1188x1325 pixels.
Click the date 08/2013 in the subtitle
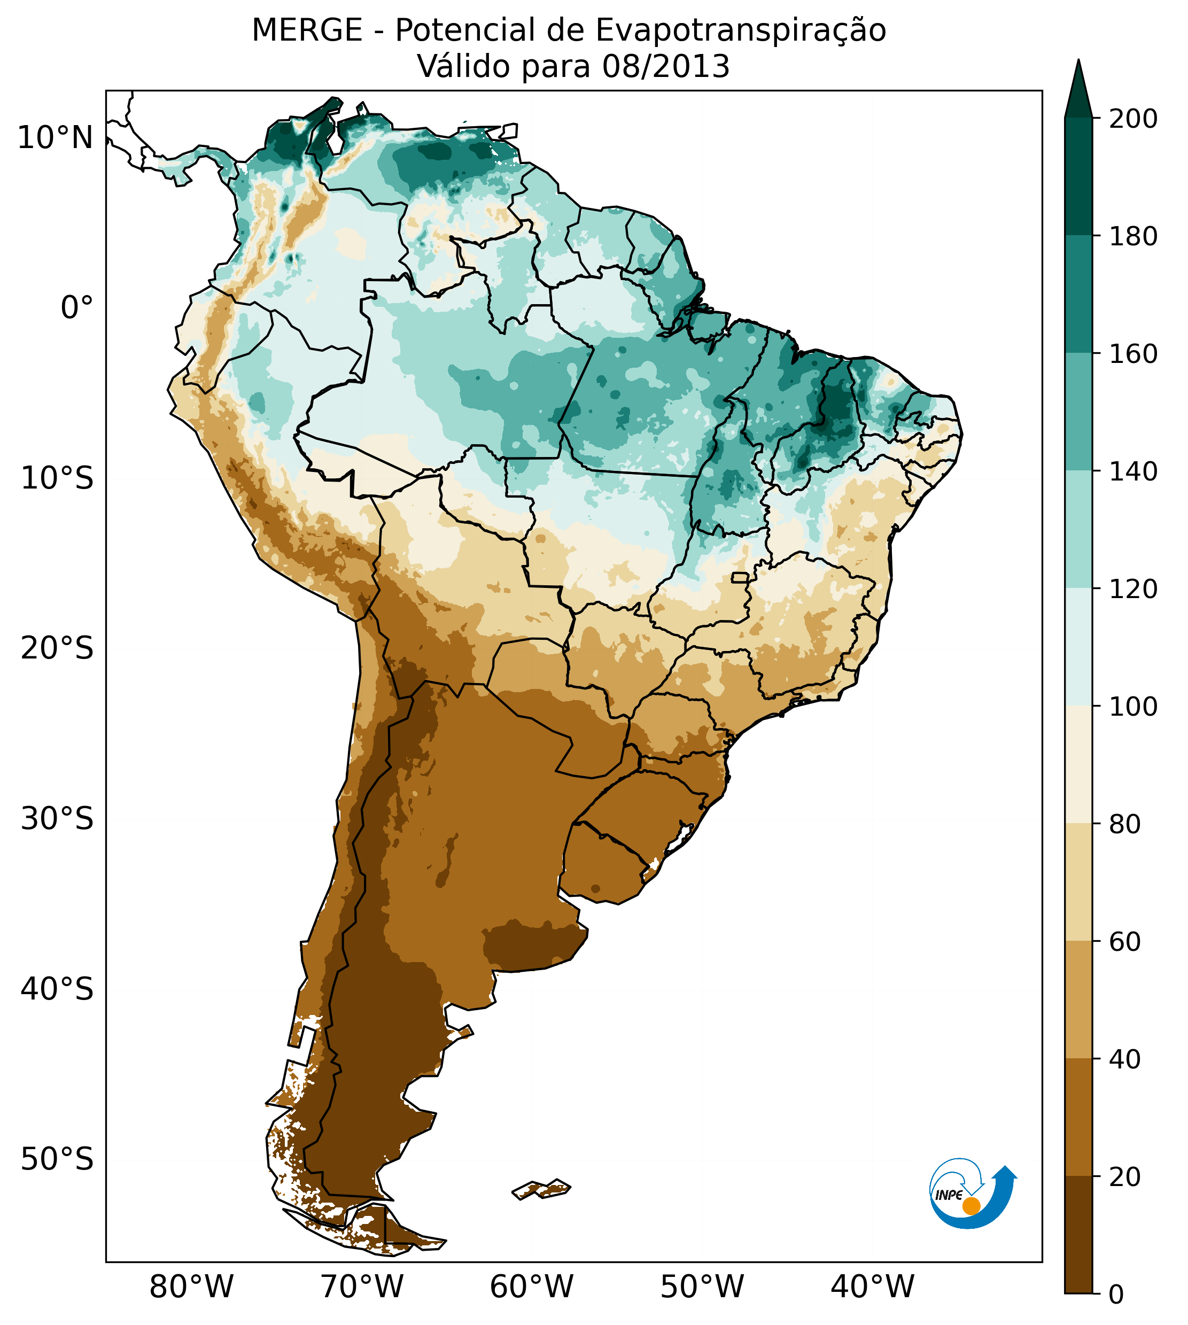[665, 67]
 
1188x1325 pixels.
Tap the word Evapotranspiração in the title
[740, 30]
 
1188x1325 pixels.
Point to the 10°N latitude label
[55, 138]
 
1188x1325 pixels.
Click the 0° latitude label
[76, 307]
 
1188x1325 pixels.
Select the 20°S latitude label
[57, 649]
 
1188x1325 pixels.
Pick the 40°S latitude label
[57, 989]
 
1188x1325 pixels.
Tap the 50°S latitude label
[57, 1160]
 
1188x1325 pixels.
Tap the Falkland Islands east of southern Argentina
[542, 1189]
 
